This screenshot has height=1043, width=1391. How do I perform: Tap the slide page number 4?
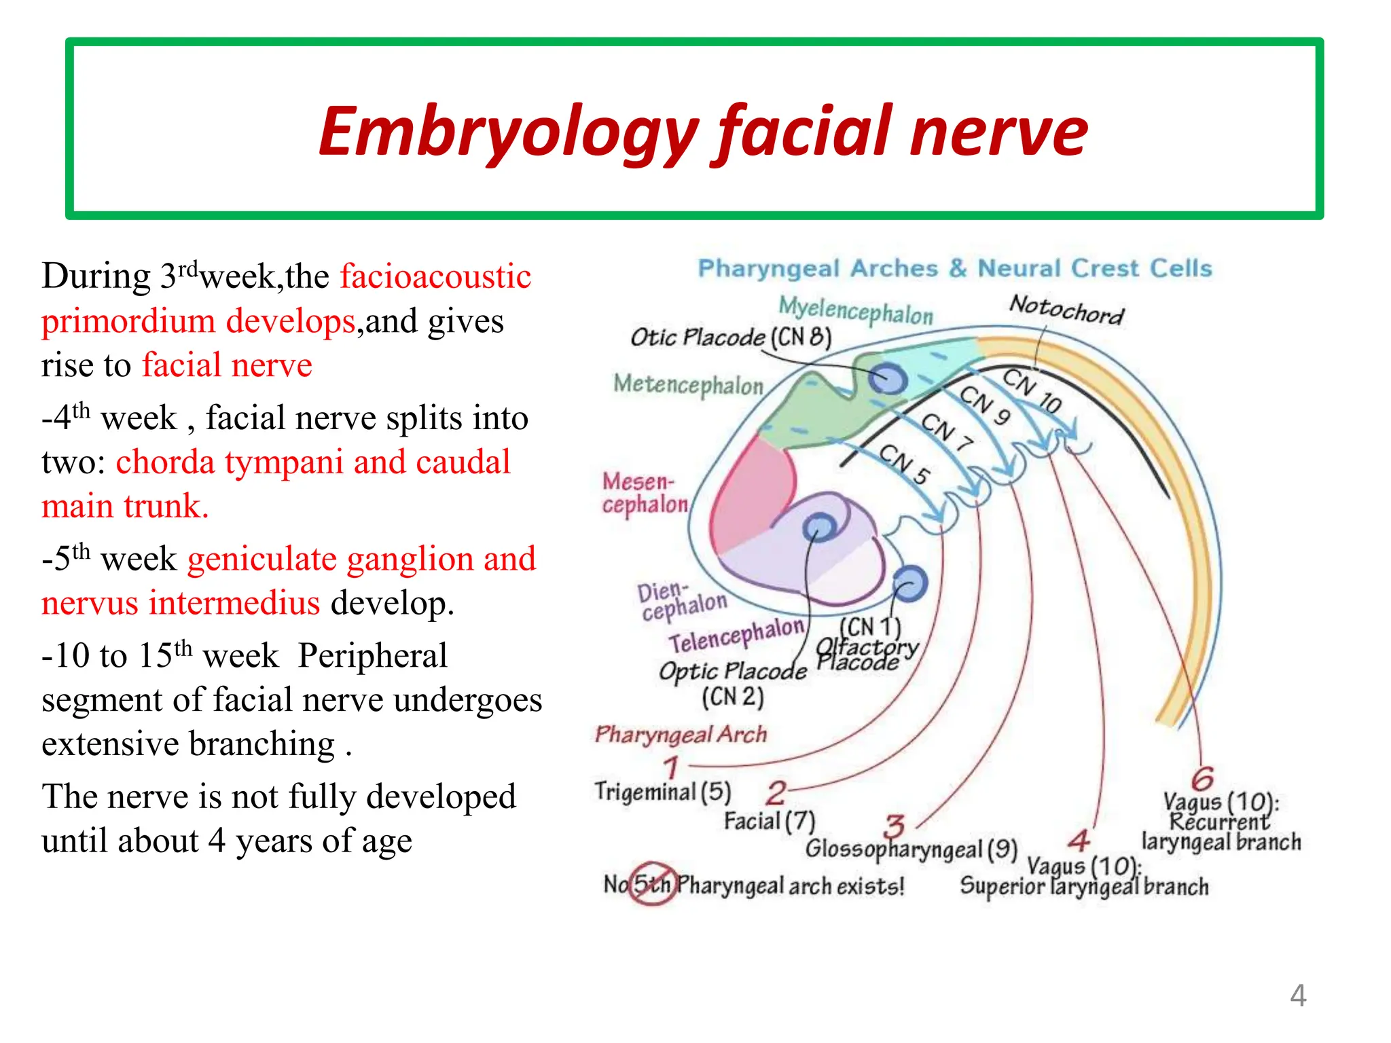(x=1297, y=995)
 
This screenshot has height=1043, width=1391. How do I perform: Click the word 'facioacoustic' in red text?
(x=435, y=276)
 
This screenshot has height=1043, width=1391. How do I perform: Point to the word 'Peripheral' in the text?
(x=372, y=656)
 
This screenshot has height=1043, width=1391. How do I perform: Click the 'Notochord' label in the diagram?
(x=1066, y=310)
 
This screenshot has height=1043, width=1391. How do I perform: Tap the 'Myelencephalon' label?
(x=856, y=310)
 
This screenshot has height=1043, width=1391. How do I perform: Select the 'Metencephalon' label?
(x=688, y=384)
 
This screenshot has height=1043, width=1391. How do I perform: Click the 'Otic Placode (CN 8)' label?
(x=731, y=337)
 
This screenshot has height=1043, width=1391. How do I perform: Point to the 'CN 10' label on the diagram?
(x=1032, y=390)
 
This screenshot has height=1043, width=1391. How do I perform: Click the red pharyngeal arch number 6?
(x=1202, y=778)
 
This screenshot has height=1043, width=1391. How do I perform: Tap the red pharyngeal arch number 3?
(x=894, y=827)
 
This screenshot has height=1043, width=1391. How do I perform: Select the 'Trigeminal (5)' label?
(x=662, y=792)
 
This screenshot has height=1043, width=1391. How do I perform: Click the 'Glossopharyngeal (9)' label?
(x=911, y=849)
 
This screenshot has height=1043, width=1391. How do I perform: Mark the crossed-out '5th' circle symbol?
(x=652, y=884)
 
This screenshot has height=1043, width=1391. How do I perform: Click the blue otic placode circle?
(x=888, y=378)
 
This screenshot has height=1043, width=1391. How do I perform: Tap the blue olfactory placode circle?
(x=909, y=583)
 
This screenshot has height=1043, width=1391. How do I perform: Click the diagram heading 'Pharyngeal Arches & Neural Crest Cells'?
(x=955, y=268)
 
